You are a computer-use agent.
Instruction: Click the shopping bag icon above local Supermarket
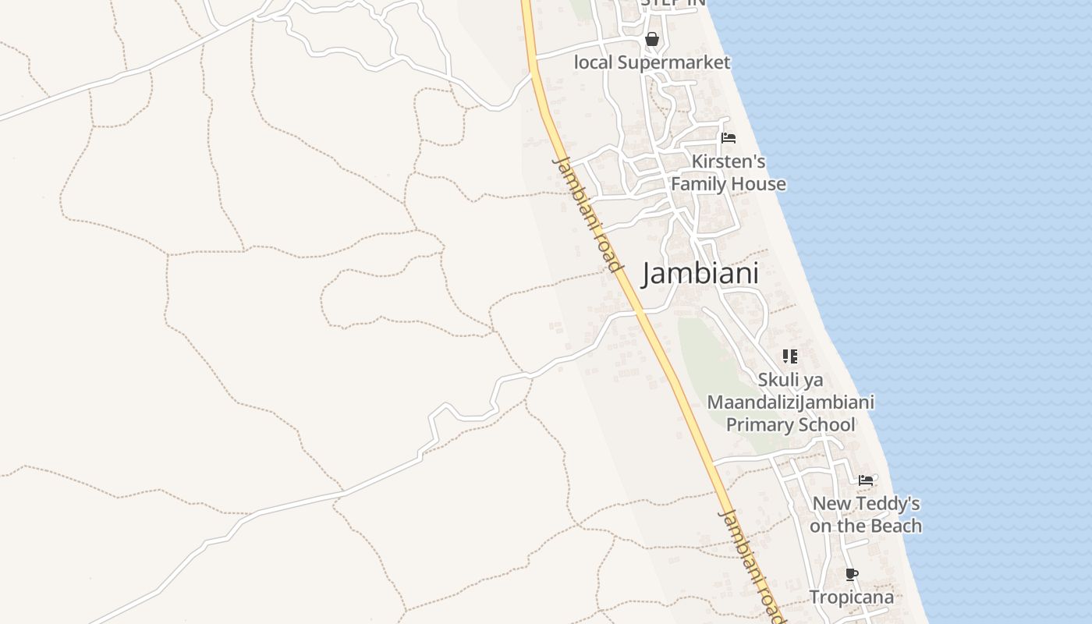(x=652, y=39)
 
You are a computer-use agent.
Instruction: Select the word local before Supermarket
(x=594, y=62)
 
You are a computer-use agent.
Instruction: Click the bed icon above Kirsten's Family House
(x=729, y=138)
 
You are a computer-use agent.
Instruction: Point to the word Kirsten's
(x=729, y=161)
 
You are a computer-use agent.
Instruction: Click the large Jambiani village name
(x=700, y=274)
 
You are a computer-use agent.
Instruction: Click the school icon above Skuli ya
(x=790, y=356)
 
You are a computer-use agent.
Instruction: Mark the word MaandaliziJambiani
(x=790, y=402)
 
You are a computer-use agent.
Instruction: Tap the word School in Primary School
(x=824, y=425)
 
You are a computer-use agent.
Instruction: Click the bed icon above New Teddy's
(x=866, y=480)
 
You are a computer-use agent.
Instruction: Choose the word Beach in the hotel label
(x=895, y=526)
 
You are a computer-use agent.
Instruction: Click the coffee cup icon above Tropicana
(x=852, y=575)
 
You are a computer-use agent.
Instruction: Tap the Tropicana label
(x=851, y=597)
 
